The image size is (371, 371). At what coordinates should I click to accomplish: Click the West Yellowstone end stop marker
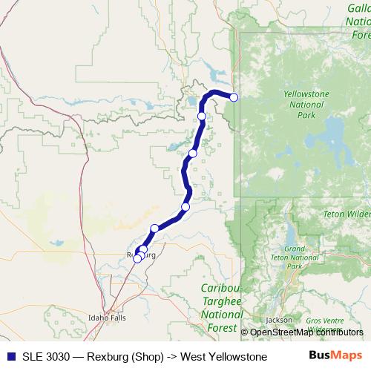[234, 97]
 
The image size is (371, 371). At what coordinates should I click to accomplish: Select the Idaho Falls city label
[108, 317]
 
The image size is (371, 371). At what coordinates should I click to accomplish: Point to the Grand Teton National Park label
[295, 257]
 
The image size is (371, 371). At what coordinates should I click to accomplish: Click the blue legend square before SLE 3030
[10, 357]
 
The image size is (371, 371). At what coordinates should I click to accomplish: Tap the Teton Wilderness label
[347, 214]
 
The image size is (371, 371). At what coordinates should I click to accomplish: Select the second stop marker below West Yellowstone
[192, 154]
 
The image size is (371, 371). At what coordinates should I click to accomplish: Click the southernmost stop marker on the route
[137, 258]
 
